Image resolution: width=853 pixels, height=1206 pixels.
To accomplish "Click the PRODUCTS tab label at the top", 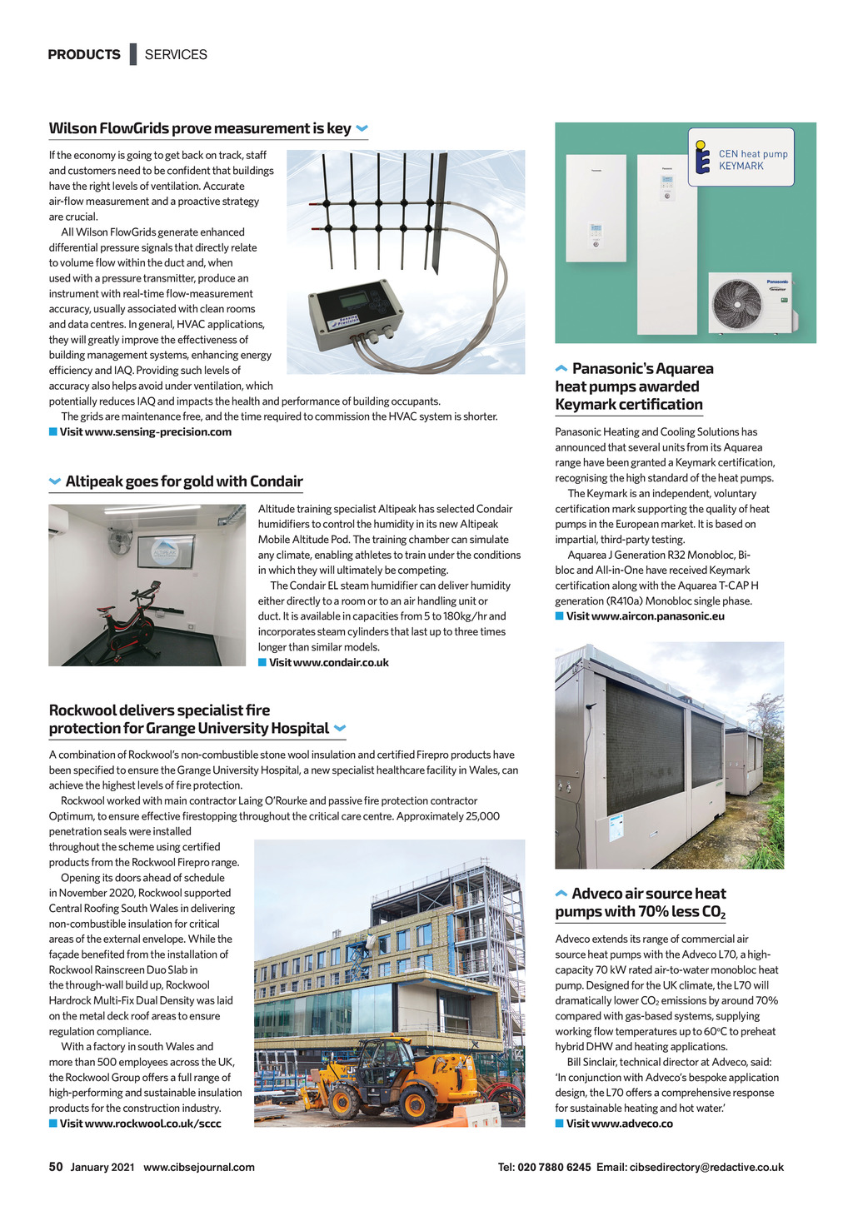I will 84,55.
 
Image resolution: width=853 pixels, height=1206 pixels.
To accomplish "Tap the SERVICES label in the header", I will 176,55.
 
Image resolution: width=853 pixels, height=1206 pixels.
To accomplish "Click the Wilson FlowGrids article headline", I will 200,128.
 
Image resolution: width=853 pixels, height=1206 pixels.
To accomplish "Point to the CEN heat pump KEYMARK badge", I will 741,157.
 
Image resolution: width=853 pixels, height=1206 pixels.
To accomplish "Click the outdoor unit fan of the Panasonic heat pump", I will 737,303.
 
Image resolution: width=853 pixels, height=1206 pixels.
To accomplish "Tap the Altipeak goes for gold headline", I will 183,481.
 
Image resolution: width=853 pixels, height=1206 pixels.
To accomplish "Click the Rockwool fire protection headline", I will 188,720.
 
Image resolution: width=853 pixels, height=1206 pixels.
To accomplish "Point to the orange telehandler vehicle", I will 400,1074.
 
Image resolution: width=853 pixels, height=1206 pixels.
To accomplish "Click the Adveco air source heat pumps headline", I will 641,903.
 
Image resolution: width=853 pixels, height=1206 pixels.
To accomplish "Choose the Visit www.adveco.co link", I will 620,1124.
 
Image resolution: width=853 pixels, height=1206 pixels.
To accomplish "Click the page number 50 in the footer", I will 56,1167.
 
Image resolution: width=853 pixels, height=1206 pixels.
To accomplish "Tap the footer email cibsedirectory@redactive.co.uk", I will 706,1168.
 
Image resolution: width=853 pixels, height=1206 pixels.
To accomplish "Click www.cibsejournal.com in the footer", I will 199,1168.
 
